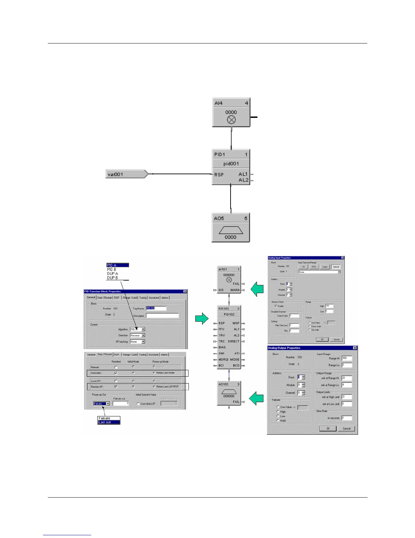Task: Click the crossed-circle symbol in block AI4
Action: (231, 120)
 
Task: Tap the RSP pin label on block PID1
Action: (219, 175)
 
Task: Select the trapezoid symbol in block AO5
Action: (231, 230)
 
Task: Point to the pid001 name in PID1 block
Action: (231, 164)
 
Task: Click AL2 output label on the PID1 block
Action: (243, 180)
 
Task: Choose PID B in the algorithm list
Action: (112, 269)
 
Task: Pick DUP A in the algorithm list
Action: (113, 273)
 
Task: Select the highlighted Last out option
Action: (108, 422)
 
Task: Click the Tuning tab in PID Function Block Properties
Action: (143, 298)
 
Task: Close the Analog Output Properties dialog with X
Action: (355, 348)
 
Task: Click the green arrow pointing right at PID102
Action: (202, 318)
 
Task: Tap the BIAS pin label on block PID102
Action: (222, 347)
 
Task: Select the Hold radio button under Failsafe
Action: (278, 420)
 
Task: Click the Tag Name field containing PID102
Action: (156, 308)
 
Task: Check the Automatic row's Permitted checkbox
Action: (116, 373)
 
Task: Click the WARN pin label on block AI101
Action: (235, 290)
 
